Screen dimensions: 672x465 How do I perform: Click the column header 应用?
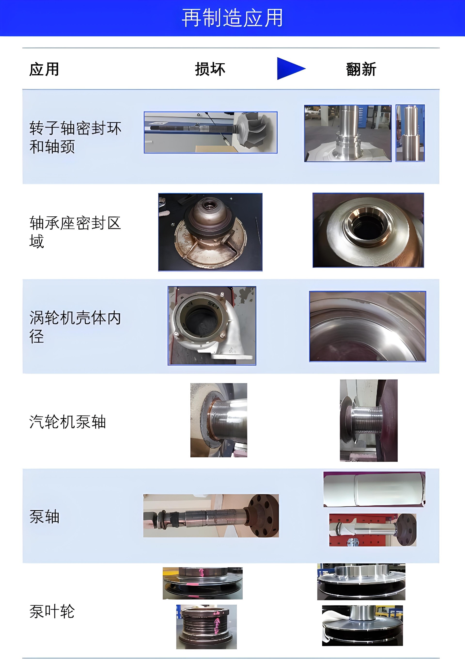pos(44,69)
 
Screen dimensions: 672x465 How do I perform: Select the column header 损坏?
pos(210,69)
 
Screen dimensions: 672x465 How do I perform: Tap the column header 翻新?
pos(361,69)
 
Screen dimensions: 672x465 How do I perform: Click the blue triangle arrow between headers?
pos(290,69)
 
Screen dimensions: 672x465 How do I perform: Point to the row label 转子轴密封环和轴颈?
pos(75,137)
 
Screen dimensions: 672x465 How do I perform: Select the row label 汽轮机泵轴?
pos(67,422)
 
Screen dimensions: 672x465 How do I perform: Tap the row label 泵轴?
pos(44,517)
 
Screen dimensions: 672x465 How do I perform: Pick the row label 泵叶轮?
pos(52,612)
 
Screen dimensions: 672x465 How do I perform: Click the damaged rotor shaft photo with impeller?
pos(210,132)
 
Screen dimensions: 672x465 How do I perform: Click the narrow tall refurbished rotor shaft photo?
pos(410,133)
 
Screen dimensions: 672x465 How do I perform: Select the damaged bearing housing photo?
pos(210,232)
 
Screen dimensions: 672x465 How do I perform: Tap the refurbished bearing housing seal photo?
pos(368,230)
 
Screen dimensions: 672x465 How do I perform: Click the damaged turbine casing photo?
pos(211,326)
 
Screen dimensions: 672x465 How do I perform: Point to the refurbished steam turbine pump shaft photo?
pos(369,420)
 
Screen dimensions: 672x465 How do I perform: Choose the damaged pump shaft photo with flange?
pos(211,516)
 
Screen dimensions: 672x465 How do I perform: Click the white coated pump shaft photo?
pos(374,489)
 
